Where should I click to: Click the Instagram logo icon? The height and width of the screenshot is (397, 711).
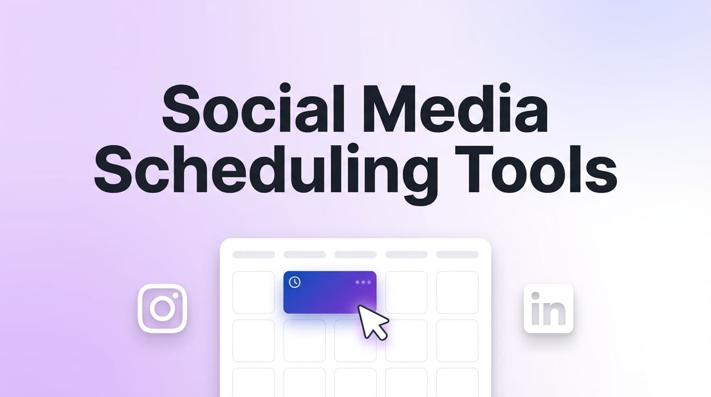pyautogui.click(x=162, y=308)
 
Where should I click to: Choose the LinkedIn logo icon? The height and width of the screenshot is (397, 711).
pyautogui.click(x=548, y=308)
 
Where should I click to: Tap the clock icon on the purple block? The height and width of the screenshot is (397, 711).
pyautogui.click(x=295, y=282)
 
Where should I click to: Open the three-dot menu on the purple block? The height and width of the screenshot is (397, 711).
pyautogui.click(x=363, y=282)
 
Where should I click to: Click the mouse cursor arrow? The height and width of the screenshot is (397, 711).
pyautogui.click(x=372, y=322)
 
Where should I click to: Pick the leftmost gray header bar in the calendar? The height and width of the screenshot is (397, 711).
pyautogui.click(x=253, y=254)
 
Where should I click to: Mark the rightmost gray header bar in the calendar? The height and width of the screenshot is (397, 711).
pyautogui.click(x=457, y=254)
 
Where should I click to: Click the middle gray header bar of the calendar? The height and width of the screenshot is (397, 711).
pyautogui.click(x=355, y=254)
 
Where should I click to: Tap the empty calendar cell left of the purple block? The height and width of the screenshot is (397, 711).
pyautogui.click(x=253, y=292)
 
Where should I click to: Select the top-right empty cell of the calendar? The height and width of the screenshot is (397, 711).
pyautogui.click(x=457, y=292)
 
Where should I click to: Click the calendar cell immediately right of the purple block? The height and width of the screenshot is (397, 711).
pyautogui.click(x=406, y=292)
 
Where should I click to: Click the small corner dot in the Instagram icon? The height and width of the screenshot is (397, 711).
pyautogui.click(x=175, y=296)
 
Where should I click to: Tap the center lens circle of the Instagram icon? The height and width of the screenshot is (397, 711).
pyautogui.click(x=162, y=309)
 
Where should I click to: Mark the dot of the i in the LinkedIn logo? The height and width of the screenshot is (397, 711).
pyautogui.click(x=535, y=296)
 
